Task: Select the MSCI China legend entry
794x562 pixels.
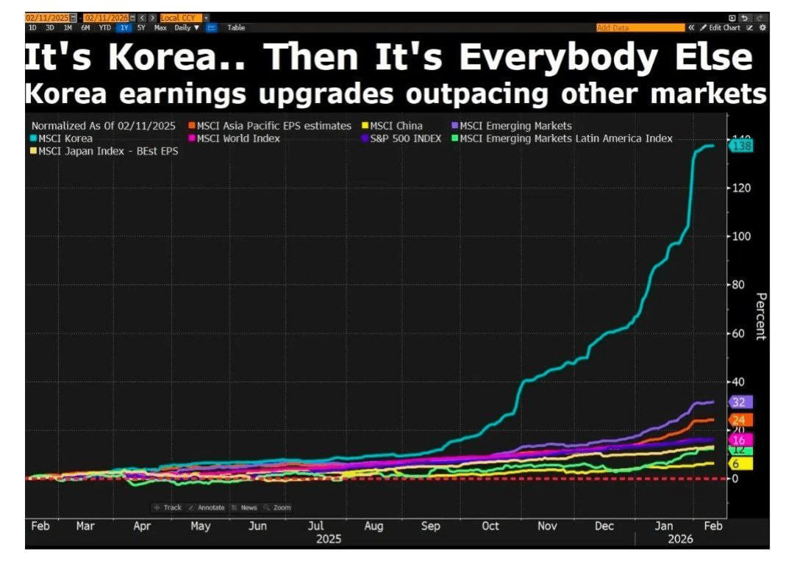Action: tap(396, 126)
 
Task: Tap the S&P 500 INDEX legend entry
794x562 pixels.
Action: tap(407, 138)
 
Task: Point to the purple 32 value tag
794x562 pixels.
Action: tap(740, 402)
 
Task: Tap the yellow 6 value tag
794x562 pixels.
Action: tap(737, 463)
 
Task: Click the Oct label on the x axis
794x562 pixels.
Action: tap(490, 526)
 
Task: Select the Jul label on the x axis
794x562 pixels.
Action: tap(315, 526)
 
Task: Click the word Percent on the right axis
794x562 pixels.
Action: tap(761, 316)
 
